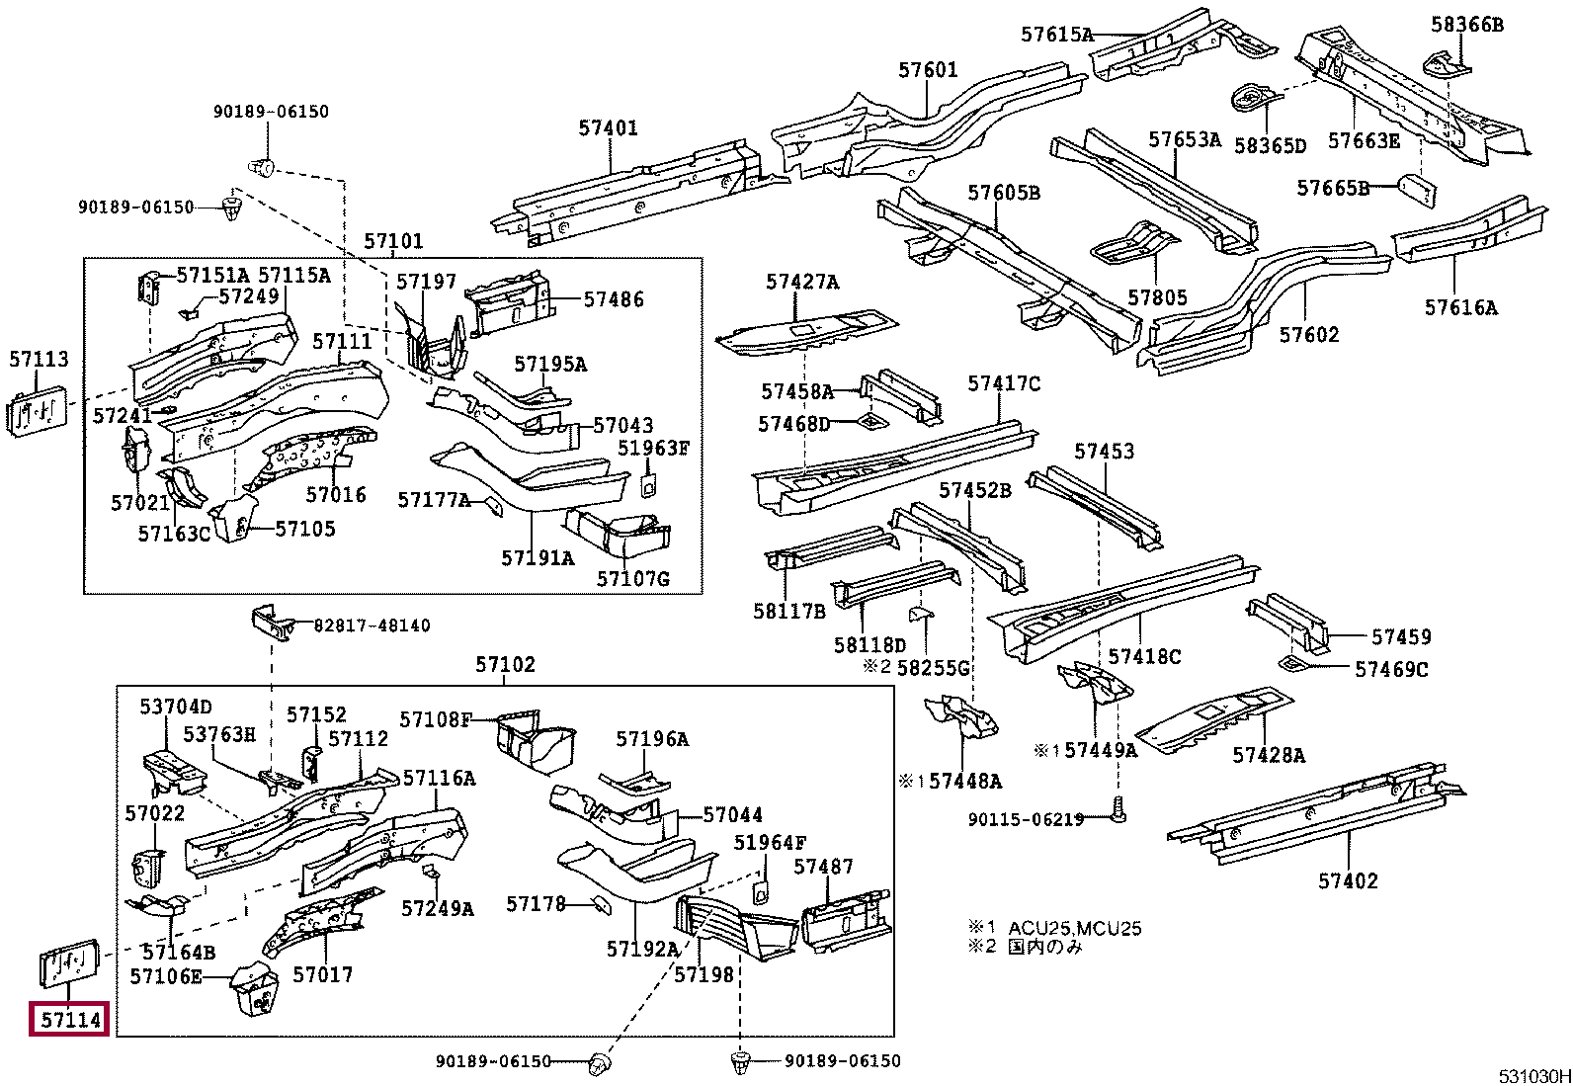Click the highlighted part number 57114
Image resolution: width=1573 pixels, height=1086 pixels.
tap(70, 1019)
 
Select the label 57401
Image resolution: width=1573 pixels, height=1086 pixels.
tap(608, 128)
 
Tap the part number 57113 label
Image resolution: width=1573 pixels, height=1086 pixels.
tap(39, 360)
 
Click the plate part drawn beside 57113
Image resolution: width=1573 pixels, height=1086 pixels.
tap(39, 413)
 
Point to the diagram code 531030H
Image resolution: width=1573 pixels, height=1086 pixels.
tap(1533, 1076)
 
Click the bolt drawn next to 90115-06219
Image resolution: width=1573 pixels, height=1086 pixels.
tap(1118, 810)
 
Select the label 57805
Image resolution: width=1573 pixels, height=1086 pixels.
tap(1157, 298)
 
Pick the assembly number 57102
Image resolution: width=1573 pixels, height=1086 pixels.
tap(505, 665)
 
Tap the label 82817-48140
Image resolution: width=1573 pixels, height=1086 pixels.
tap(372, 626)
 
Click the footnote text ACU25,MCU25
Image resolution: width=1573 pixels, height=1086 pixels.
tap(1074, 928)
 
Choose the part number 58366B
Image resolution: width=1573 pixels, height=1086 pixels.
tap(1466, 25)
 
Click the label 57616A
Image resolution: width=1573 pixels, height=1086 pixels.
tap(1460, 308)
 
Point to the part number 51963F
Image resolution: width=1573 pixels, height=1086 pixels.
tap(653, 449)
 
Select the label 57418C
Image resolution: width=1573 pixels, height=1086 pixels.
tap(1144, 657)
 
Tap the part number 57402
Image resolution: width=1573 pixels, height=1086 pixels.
tap(1348, 881)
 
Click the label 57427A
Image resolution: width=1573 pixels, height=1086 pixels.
tap(801, 283)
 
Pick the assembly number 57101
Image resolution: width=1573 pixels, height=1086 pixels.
tap(393, 242)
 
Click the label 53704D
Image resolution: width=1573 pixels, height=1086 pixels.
tap(175, 708)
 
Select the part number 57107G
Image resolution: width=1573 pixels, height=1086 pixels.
tap(632, 579)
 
